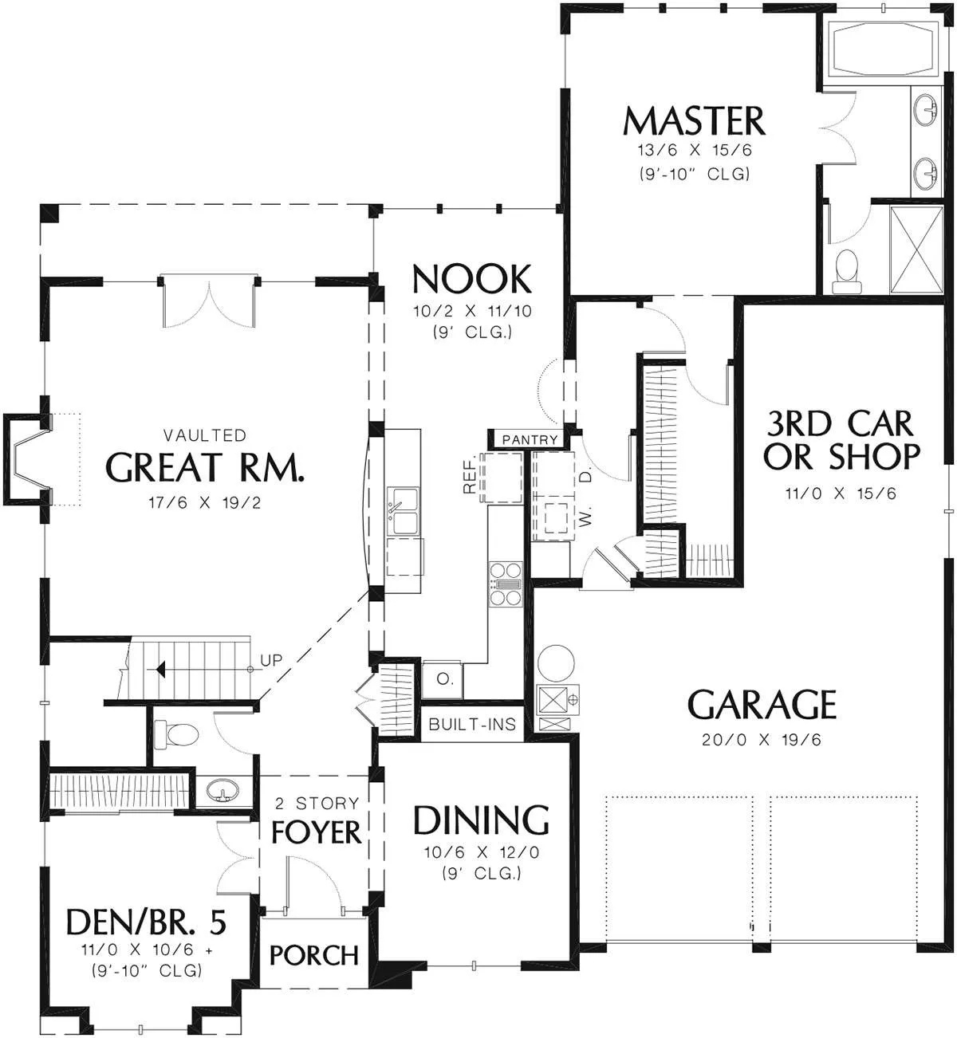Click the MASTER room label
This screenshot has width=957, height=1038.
(x=693, y=121)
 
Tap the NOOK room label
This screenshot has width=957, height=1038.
(x=472, y=279)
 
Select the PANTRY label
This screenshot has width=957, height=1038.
(x=530, y=440)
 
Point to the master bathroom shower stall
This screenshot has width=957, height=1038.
(x=916, y=250)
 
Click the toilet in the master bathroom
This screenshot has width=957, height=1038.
(x=847, y=272)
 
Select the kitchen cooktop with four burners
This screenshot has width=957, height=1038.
(x=506, y=584)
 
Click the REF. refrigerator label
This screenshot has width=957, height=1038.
(x=469, y=474)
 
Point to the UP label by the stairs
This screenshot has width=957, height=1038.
(x=271, y=661)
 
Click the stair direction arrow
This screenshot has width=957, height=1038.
(x=160, y=670)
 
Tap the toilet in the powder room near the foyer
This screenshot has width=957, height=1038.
(x=176, y=735)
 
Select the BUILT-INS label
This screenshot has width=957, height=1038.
(x=472, y=725)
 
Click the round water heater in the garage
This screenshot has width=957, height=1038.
(x=556, y=663)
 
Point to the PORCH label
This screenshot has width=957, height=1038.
(x=314, y=956)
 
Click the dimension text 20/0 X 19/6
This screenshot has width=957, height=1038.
(x=762, y=740)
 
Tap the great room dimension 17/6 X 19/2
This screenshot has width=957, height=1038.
(x=204, y=502)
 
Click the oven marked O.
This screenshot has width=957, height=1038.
(x=443, y=679)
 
